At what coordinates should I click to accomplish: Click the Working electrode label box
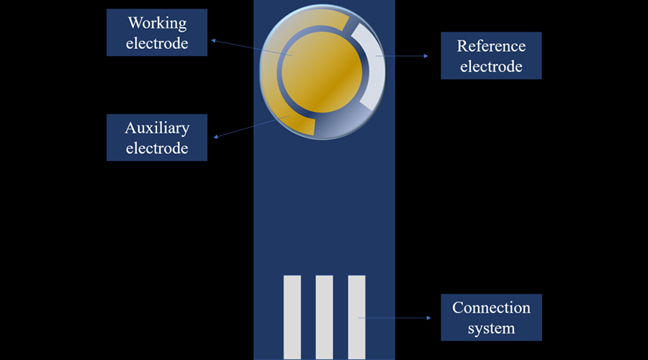click(156, 32)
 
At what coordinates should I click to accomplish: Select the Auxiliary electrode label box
click(156, 138)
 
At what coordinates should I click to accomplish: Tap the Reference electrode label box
click(491, 56)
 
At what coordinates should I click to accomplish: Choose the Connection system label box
click(491, 318)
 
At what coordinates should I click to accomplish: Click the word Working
click(156, 23)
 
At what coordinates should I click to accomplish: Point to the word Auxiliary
click(156, 128)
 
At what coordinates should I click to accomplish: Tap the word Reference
click(491, 46)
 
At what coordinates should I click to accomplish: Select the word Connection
click(491, 307)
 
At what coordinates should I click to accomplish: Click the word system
click(491, 328)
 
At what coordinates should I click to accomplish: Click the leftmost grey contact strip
click(292, 317)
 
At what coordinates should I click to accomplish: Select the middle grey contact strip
click(324, 317)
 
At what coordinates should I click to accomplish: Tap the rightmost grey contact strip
click(356, 317)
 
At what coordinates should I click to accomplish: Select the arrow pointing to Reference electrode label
click(403, 56)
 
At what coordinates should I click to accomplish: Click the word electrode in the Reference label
click(491, 67)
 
